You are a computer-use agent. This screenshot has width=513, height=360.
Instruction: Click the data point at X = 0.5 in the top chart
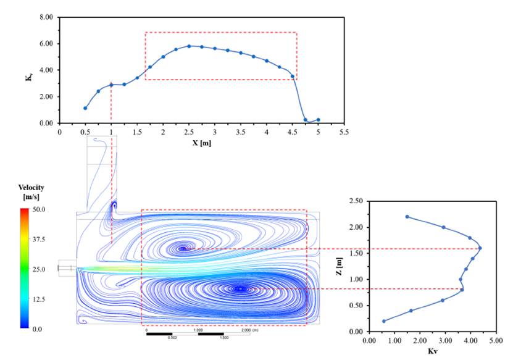[x=85, y=108]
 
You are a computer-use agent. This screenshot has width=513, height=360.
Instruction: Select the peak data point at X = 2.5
[x=189, y=46]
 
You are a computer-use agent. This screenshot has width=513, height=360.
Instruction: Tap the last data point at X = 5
[x=319, y=120]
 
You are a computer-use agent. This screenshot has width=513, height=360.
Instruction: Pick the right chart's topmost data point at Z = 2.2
[x=407, y=217]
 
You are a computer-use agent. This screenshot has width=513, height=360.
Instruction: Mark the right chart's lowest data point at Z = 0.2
[x=384, y=321]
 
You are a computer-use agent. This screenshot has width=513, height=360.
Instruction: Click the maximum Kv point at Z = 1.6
[x=480, y=248]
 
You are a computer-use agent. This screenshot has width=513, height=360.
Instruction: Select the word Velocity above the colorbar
[x=31, y=188]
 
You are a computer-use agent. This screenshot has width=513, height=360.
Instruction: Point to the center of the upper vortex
[x=183, y=249]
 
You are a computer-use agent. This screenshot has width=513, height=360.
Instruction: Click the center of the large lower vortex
[x=241, y=289]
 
